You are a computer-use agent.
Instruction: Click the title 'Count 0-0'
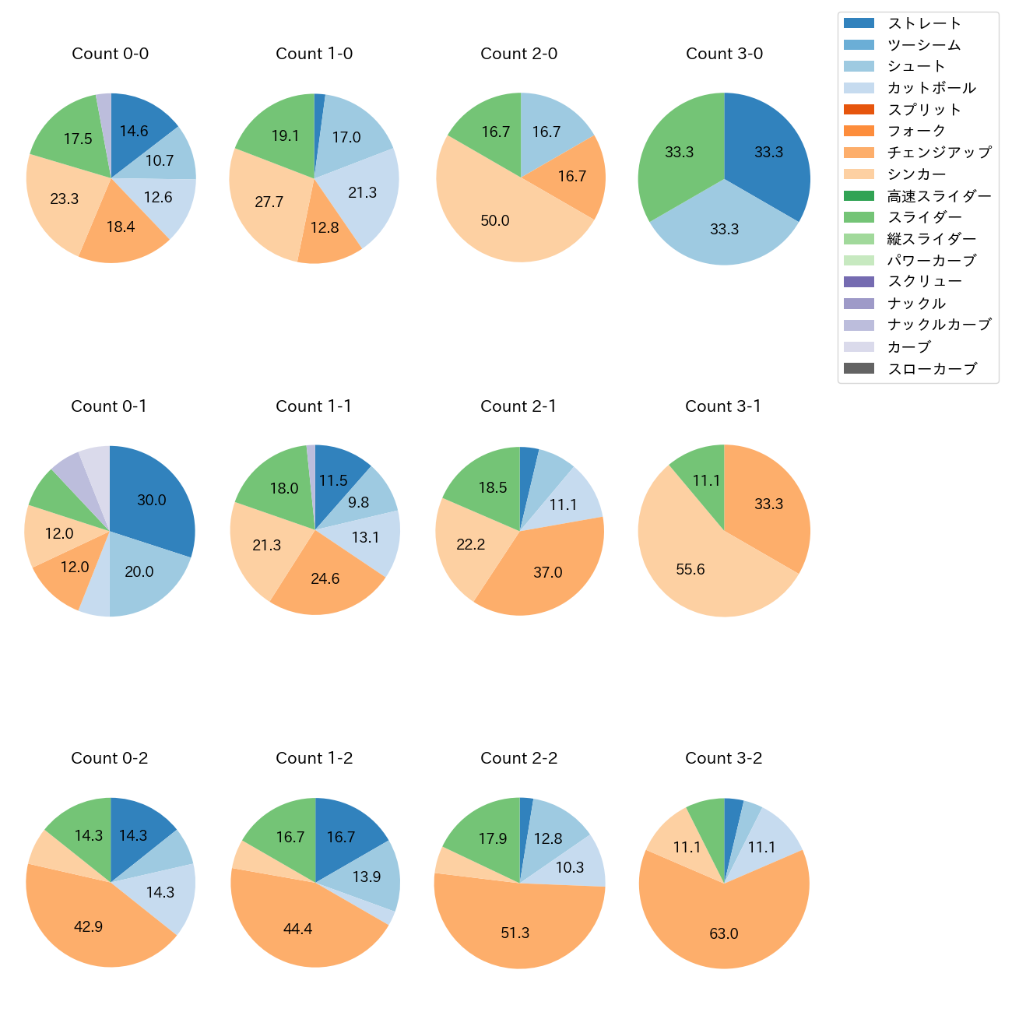point(110,54)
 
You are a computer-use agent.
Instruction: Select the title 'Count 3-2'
point(723,758)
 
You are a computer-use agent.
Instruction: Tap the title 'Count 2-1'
point(518,406)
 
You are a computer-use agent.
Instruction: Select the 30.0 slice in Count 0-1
point(152,500)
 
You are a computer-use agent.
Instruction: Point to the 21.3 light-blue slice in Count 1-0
point(362,192)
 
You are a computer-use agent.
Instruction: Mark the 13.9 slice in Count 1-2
point(366,877)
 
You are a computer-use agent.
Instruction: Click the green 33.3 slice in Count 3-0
point(679,153)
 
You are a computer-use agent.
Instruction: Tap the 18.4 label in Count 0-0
point(121,227)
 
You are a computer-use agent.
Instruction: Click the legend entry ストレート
point(924,23)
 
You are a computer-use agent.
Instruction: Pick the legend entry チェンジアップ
point(939,153)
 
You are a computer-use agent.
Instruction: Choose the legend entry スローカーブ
point(932,369)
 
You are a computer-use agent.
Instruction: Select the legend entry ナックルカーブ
point(939,325)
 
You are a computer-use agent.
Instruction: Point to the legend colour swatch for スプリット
point(859,110)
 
